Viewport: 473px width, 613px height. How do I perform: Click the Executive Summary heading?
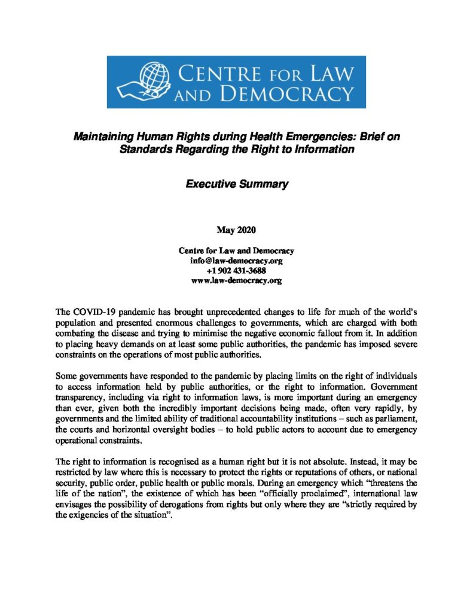(x=236, y=184)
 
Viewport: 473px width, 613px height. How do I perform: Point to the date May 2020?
(x=236, y=229)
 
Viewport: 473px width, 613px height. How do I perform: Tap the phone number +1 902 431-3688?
(x=236, y=271)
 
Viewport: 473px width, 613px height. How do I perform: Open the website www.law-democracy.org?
(x=236, y=280)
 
